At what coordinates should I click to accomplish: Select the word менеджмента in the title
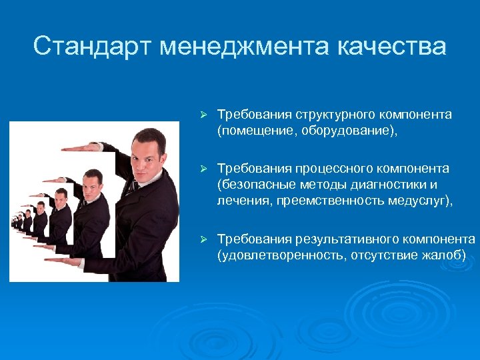(x=245, y=47)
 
